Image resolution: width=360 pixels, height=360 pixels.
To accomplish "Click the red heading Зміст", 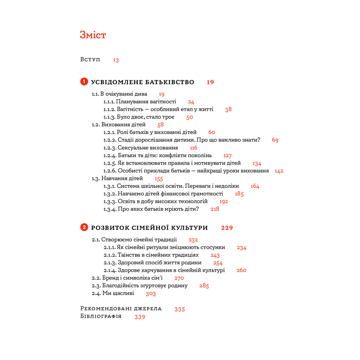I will [93, 35].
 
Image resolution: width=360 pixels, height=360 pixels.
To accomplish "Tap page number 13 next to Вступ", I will [116, 60].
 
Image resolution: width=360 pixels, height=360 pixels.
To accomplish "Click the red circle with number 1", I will [84, 82].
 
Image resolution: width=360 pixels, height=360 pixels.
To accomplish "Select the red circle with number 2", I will [84, 227].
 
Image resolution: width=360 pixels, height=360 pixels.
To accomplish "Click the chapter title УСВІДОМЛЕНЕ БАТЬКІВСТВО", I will [142, 82].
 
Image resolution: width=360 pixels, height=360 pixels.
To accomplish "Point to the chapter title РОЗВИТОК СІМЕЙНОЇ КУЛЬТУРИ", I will [149, 228].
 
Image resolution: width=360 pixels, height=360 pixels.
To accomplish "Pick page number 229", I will [227, 228].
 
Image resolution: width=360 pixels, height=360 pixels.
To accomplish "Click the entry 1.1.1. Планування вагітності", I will [140, 102].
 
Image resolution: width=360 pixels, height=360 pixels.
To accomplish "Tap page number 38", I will [229, 109].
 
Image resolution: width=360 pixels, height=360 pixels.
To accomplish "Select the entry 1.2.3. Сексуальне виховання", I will [141, 148].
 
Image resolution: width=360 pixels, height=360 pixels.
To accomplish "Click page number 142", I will [279, 171].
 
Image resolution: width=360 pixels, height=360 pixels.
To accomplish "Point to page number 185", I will [239, 194].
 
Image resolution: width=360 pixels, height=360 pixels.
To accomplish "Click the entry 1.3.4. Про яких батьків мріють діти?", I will [151, 209].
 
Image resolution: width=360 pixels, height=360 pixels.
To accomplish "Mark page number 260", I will [242, 270].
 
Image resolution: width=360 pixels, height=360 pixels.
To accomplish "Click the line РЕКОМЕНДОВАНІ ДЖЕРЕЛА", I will [121, 309].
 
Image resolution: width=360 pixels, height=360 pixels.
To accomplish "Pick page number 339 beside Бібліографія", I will [140, 317].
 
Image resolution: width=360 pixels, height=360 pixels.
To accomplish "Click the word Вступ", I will [90, 59].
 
